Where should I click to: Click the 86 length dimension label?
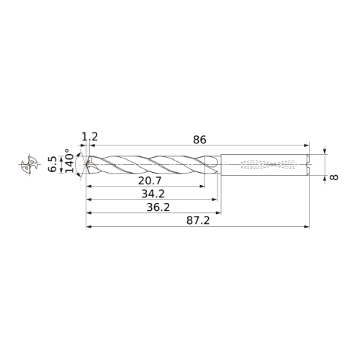click(x=199, y=140)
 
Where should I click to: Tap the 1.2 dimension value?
click(x=90, y=137)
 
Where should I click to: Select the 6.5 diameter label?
click(x=53, y=164)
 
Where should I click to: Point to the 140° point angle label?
click(x=69, y=161)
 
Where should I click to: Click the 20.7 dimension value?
click(x=150, y=181)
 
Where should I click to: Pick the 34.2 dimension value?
click(x=153, y=194)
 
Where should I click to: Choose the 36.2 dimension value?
click(x=158, y=207)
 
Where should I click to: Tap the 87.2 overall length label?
click(x=198, y=220)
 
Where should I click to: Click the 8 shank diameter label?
click(x=334, y=177)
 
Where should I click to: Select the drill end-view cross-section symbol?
click(x=30, y=164)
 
